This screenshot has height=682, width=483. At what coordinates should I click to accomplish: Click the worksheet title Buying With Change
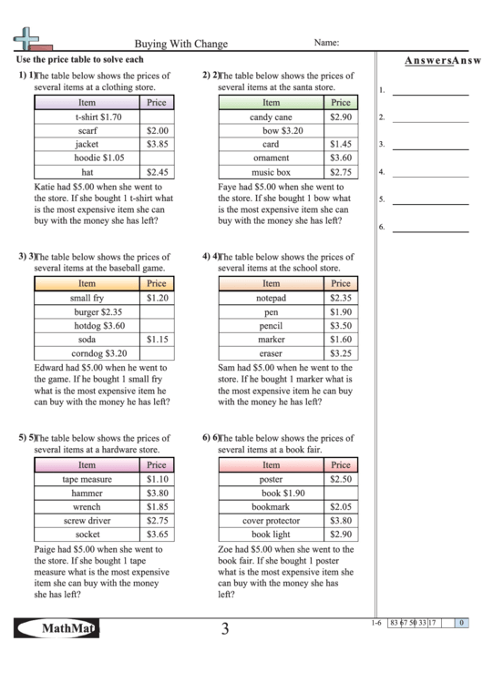click(181, 44)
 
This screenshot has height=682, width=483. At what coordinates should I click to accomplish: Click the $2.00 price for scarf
click(157, 130)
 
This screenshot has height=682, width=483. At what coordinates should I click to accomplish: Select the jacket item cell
click(87, 144)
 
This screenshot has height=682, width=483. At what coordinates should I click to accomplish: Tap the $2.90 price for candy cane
click(341, 117)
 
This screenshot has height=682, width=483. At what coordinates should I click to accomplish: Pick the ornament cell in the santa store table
click(271, 158)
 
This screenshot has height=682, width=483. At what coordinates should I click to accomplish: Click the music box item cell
click(271, 171)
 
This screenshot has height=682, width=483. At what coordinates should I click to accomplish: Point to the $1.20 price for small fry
click(157, 298)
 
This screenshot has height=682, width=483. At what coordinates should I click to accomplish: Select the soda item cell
click(87, 339)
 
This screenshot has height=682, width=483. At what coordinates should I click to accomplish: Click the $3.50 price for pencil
click(341, 325)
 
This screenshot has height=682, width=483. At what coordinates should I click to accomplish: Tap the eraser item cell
click(271, 352)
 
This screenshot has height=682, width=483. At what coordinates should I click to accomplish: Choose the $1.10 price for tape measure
click(157, 479)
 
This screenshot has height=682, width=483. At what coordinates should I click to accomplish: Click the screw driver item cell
click(87, 520)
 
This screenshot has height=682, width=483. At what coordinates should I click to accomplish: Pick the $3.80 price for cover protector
click(341, 520)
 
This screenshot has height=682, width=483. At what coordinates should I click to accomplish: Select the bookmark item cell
click(271, 506)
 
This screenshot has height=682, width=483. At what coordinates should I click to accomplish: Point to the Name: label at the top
click(327, 42)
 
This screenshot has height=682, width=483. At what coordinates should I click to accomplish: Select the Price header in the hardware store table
click(157, 465)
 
